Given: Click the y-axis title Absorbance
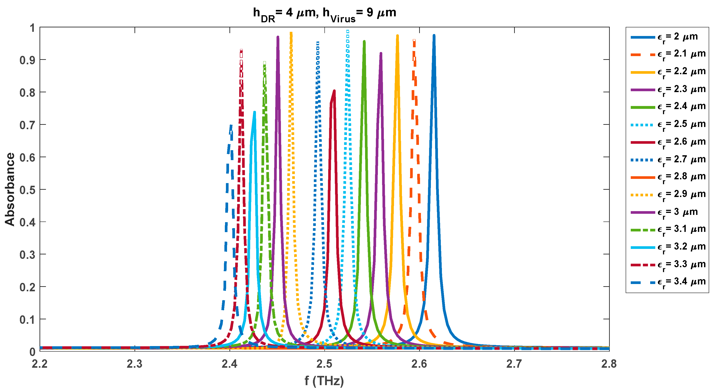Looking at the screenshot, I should pos(10,189).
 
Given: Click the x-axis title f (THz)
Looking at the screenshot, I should pos(324,381).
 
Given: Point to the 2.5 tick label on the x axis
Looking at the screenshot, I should pos(324,364).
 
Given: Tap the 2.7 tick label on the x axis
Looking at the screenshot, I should pos(514,364).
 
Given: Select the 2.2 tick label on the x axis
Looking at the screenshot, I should pos(40,364).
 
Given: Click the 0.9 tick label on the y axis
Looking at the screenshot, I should pos(27,60).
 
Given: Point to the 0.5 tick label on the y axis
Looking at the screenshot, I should pos(27,190).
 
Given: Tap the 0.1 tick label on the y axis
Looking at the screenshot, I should pos(27,320).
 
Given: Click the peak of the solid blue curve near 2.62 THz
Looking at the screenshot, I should pos(434,36).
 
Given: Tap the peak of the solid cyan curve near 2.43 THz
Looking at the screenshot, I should pos(254,112).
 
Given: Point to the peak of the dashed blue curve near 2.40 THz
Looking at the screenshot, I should pos(231,126).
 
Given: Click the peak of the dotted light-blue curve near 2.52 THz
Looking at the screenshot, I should pos(348,31).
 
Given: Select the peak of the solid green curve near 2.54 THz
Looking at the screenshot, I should pos(364,42).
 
